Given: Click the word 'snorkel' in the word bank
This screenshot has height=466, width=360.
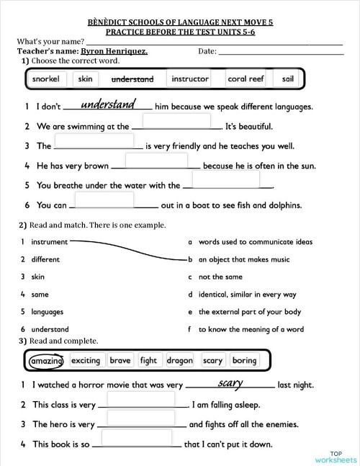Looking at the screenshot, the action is coord(46,79).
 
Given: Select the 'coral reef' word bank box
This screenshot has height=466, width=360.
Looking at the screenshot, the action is coord(246,79).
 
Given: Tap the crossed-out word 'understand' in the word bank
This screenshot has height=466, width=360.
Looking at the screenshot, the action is coord(132,79).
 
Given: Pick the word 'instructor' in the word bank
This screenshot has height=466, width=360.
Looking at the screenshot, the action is coord(190,79).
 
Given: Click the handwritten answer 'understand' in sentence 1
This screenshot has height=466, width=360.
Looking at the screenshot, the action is coord(108,105).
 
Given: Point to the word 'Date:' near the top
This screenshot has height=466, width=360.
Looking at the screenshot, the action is coord(207,51).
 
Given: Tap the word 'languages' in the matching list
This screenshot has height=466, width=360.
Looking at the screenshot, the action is coord(48,312).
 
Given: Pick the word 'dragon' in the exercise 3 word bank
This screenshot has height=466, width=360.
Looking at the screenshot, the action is coord(179,360).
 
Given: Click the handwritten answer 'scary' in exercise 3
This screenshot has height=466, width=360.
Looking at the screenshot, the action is coord(230,383).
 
